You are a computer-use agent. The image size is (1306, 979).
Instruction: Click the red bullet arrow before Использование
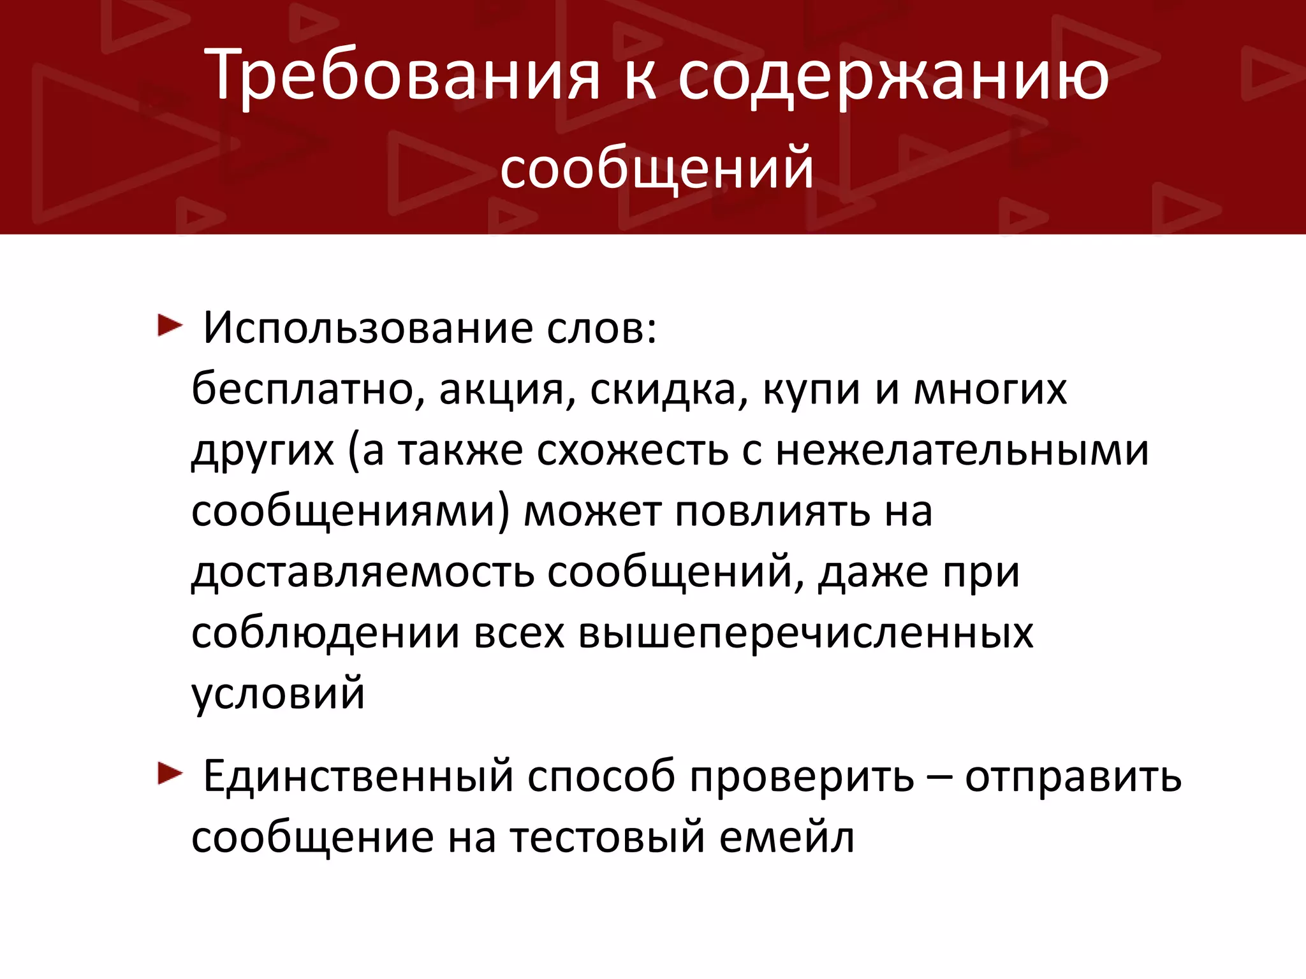170,326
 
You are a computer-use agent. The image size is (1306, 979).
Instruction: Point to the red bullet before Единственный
170,774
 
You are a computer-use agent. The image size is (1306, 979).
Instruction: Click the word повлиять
772,512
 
